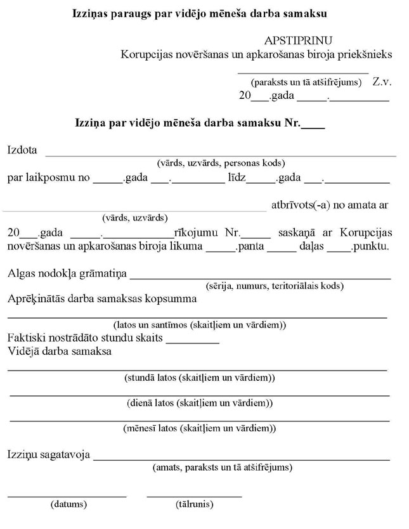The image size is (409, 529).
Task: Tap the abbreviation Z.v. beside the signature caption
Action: [x=382, y=82]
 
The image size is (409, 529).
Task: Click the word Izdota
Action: [x=22, y=151]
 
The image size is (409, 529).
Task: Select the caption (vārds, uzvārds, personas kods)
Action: [x=221, y=163]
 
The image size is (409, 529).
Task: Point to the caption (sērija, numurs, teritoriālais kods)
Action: [x=275, y=286]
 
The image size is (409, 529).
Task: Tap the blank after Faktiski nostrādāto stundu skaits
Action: [x=192, y=337]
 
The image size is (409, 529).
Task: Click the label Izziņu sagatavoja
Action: [x=48, y=455]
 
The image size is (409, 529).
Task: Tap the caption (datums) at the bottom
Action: [x=68, y=505]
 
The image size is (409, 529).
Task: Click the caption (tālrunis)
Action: [x=194, y=505]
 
